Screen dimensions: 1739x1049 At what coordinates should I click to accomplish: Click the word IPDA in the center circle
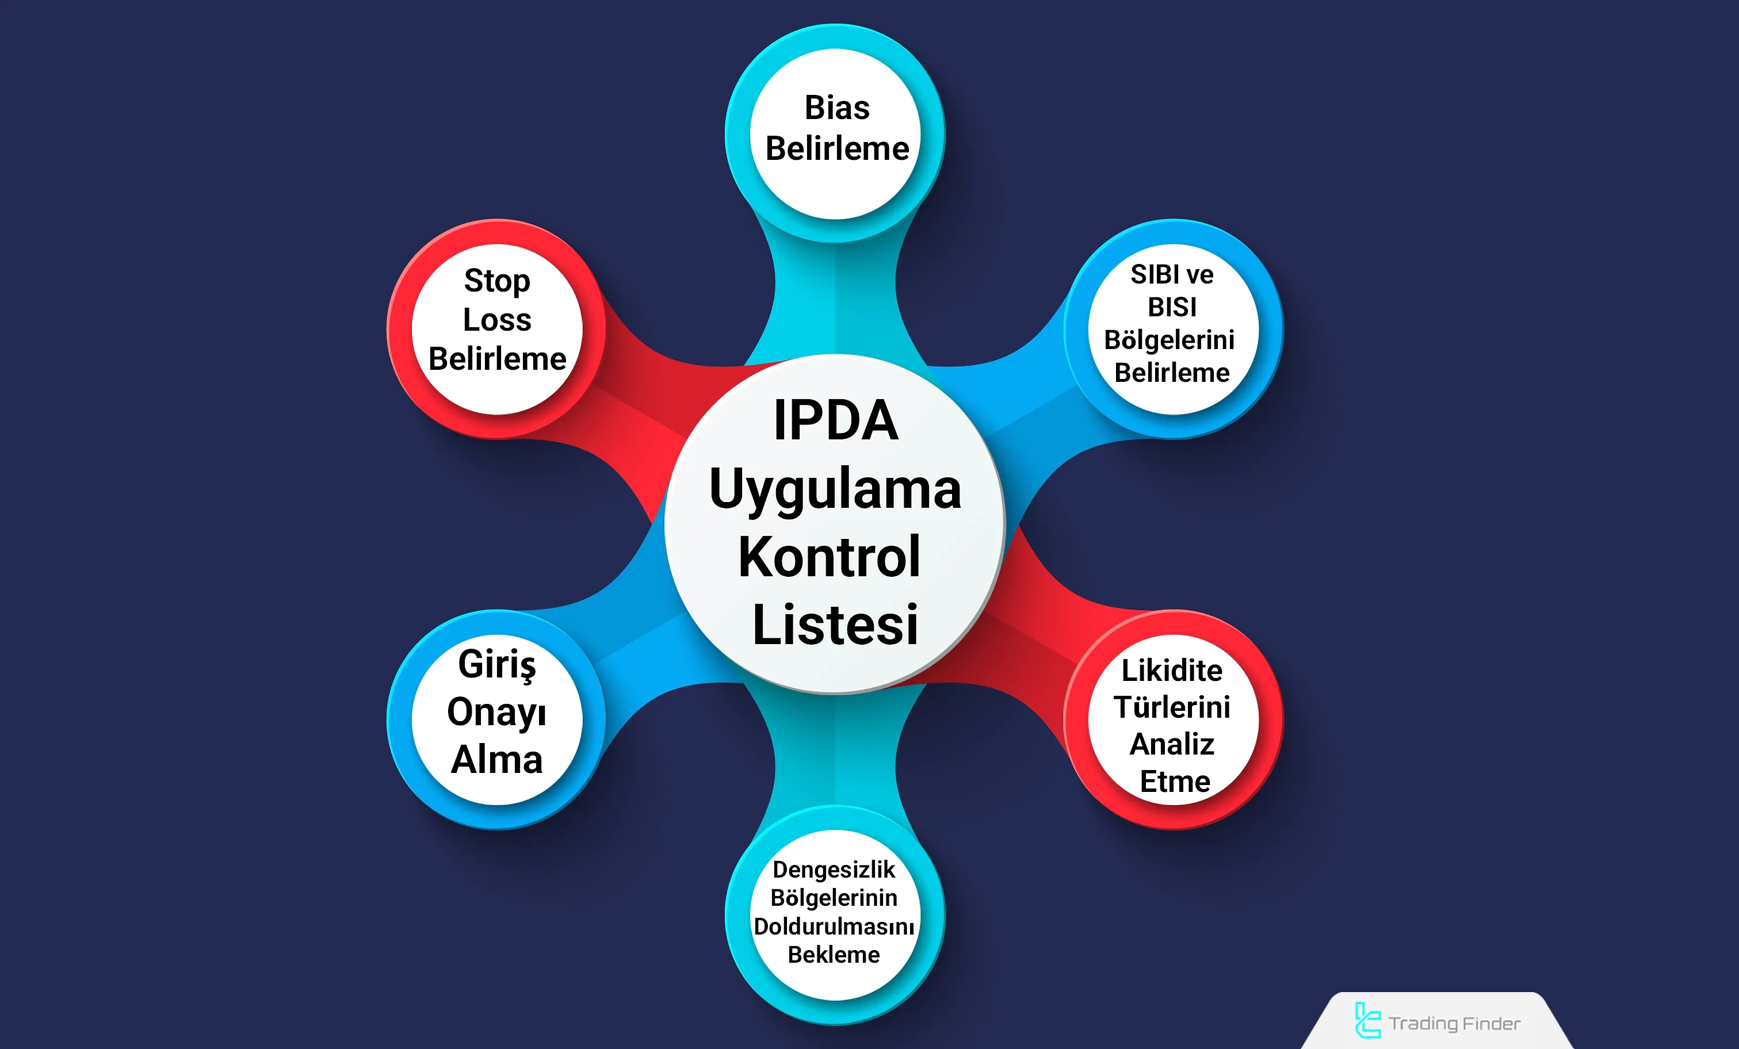[x=836, y=420]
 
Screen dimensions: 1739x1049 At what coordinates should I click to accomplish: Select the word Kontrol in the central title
[x=830, y=557]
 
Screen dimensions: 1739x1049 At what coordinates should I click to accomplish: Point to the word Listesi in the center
[x=836, y=625]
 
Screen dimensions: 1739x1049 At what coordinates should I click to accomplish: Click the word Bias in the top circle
[x=837, y=108]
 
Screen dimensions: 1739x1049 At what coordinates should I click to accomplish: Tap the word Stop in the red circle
[x=497, y=281]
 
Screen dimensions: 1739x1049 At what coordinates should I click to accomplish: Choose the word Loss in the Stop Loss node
[x=497, y=320]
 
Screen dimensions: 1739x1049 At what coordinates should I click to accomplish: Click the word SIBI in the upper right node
[x=1151, y=274]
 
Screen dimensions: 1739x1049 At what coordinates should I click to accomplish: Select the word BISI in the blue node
[x=1172, y=307]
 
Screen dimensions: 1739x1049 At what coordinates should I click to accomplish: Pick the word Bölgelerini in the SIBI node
[x=1169, y=340]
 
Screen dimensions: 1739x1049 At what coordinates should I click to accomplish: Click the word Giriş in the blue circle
[x=497, y=664]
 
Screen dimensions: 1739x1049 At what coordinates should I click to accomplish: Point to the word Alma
[x=497, y=760]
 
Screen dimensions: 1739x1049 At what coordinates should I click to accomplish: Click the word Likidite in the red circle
[x=1172, y=670]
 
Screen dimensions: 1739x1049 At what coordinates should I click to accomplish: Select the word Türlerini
[x=1172, y=707]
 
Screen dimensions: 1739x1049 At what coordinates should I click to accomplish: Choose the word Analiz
[x=1172, y=744]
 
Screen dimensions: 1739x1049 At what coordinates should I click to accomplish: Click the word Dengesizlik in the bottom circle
[x=834, y=870]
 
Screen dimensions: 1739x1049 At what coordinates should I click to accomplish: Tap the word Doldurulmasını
[x=834, y=927]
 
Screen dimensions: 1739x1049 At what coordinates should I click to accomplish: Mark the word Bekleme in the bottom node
[x=834, y=955]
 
